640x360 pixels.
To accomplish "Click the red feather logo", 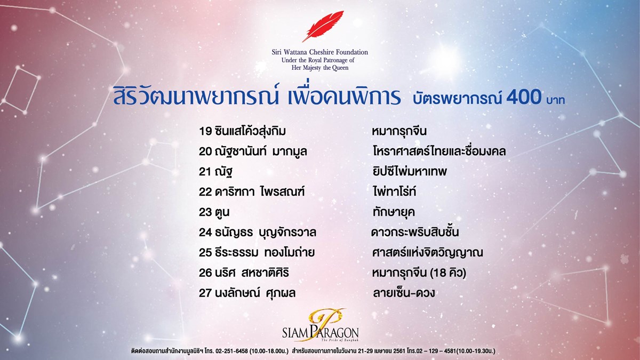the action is tap(323, 26).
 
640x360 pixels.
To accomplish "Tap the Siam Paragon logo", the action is tap(321, 325).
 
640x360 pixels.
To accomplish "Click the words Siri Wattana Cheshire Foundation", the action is tap(319, 52).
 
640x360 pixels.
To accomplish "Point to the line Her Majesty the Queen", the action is tap(320, 68).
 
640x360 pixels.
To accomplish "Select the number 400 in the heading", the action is tap(524, 97).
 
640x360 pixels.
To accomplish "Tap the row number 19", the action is tap(205, 131).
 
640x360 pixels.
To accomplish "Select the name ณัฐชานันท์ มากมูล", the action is tap(261, 151).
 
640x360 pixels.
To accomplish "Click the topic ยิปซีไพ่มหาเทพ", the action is tap(410, 171).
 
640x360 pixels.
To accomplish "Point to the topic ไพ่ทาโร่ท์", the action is tap(394, 191).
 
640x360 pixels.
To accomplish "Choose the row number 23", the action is tap(205, 212).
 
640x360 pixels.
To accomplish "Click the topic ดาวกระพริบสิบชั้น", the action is tap(415, 231).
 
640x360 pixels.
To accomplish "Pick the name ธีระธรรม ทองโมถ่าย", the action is tap(265, 252).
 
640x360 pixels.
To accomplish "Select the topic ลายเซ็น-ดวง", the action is tap(404, 293).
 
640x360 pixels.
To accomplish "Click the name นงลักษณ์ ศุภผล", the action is tap(255, 293).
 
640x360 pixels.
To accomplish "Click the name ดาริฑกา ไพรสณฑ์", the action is tap(259, 191).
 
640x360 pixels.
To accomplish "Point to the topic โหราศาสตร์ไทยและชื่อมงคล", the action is tap(439, 151).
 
